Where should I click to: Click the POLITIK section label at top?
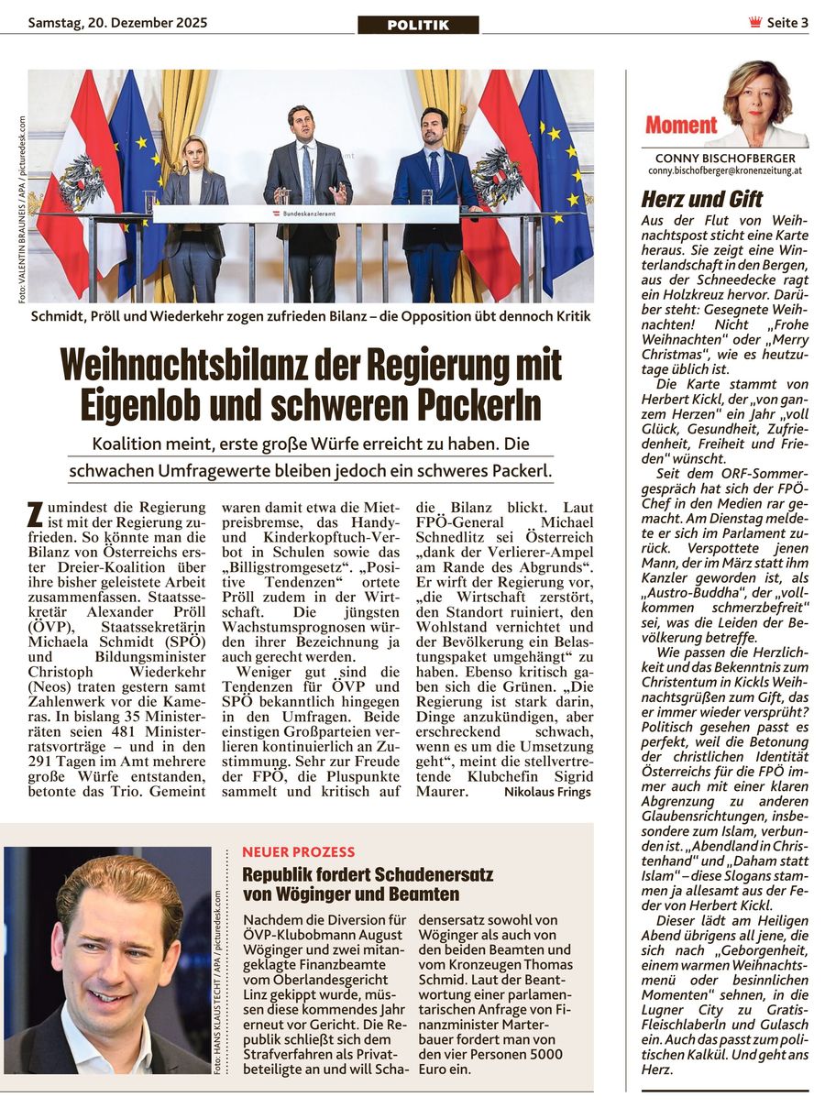pyautogui.click(x=418, y=25)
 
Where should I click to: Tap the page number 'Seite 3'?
pyautogui.click(x=787, y=23)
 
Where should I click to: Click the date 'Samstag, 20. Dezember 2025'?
pyautogui.click(x=117, y=22)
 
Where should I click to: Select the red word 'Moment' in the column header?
pyautogui.click(x=681, y=126)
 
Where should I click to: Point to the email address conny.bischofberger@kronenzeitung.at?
pyautogui.click(x=725, y=171)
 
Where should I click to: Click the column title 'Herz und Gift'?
pyautogui.click(x=702, y=199)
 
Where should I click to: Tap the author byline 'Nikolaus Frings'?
pyautogui.click(x=547, y=792)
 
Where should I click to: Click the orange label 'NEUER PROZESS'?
pyautogui.click(x=298, y=852)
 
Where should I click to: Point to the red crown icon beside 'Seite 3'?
pyautogui.click(x=755, y=23)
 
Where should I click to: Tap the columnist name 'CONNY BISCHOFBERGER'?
pyautogui.click(x=725, y=159)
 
